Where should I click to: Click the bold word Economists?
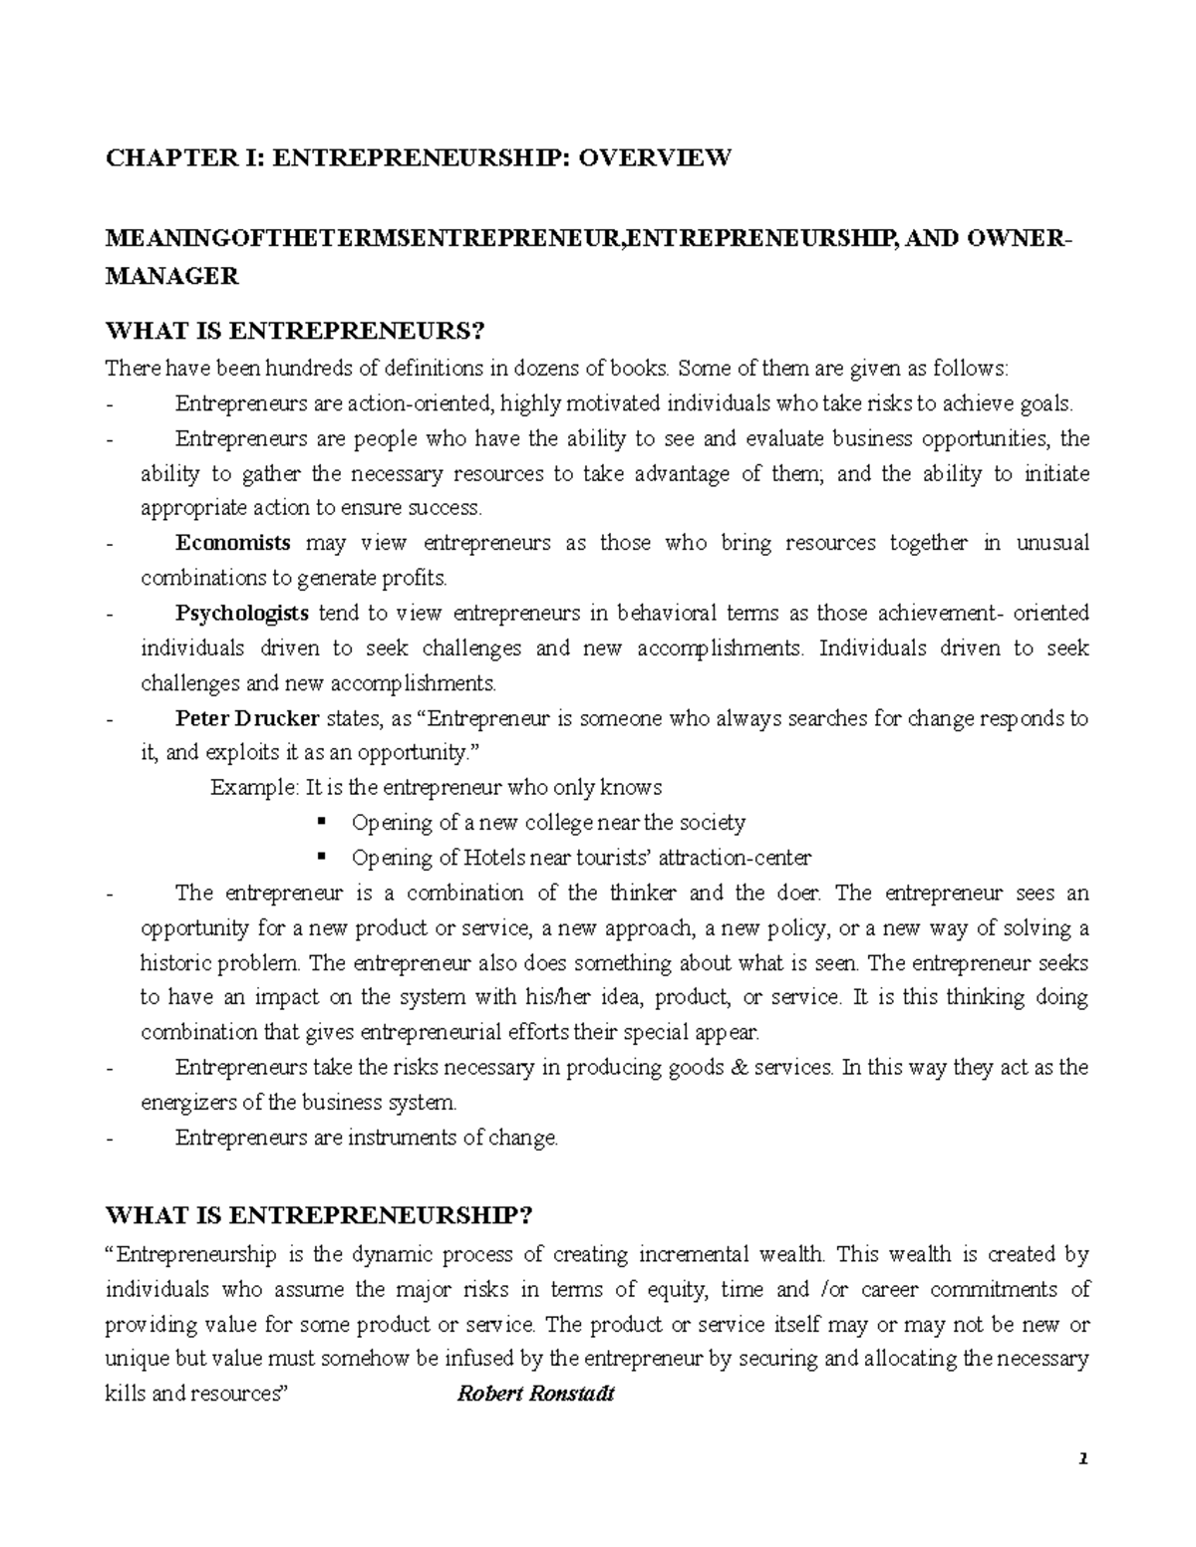pyautogui.click(x=233, y=544)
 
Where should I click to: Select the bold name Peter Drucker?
pyautogui.click(x=247, y=718)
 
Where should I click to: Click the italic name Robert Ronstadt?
pyautogui.click(x=535, y=1395)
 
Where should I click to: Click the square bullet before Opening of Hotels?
pyautogui.click(x=321, y=857)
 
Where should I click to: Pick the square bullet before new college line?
pyautogui.click(x=321, y=822)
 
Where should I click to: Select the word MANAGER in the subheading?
pyautogui.click(x=172, y=277)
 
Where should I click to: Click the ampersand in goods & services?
pyautogui.click(x=739, y=1068)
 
